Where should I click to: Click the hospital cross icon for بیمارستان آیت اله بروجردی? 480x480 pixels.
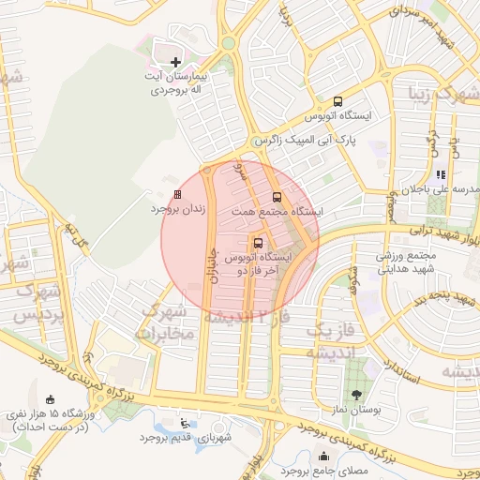(175, 61)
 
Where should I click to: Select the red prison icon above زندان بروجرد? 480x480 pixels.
(177, 195)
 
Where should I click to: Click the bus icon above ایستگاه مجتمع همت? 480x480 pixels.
(276, 198)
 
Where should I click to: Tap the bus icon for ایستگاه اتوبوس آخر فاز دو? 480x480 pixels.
(259, 242)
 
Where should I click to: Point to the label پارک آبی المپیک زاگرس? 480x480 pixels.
(306, 140)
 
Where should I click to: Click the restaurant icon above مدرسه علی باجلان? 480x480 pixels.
(440, 174)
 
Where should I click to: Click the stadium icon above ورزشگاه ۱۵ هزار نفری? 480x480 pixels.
(50, 398)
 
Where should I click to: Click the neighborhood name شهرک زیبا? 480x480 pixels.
(444, 95)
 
